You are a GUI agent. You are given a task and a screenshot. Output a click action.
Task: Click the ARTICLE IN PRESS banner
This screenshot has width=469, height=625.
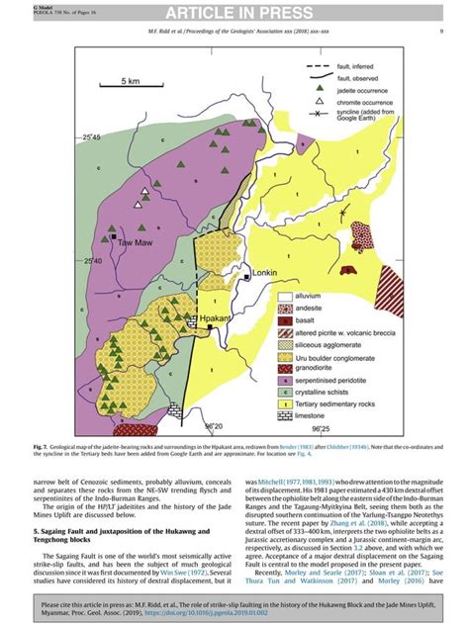point(234,12)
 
